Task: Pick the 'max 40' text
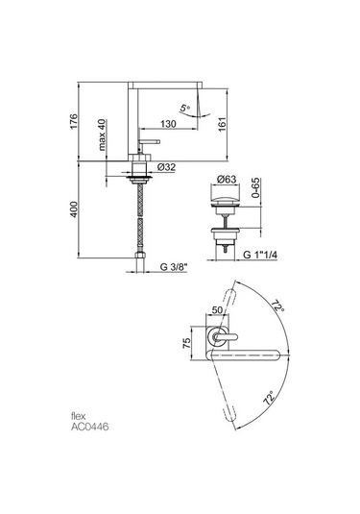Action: [x=103, y=135]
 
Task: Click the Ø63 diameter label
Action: [x=227, y=180]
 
